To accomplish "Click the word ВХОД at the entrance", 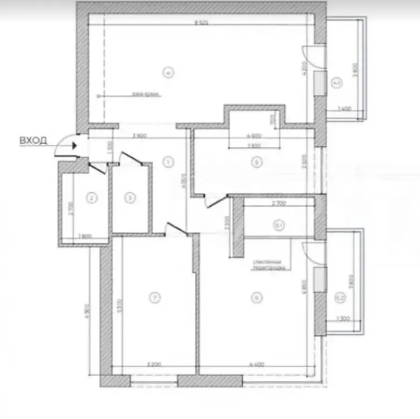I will (x=33, y=141).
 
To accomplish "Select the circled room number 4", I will (x=169, y=72).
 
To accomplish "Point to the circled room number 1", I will (x=168, y=162).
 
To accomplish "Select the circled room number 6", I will (x=255, y=297).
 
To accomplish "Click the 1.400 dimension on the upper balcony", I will (x=344, y=110).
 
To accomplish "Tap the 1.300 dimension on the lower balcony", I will (x=343, y=319).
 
